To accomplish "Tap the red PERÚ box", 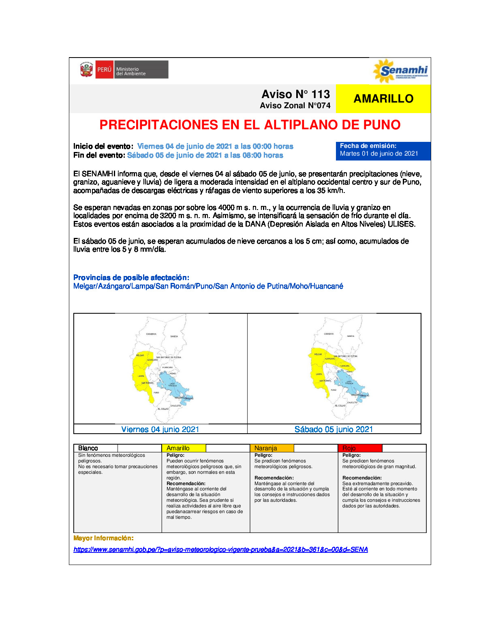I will click(x=104, y=70).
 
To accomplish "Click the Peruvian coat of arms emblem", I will click(x=86, y=70).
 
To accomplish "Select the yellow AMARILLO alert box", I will click(x=383, y=98).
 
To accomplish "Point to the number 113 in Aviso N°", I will click(x=321, y=94).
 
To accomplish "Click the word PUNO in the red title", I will click(x=382, y=125).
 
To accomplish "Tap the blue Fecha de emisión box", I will click(x=383, y=150).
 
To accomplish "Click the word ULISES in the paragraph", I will click(x=401, y=224).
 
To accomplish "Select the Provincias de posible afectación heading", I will click(x=131, y=278).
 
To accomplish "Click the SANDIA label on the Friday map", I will click(x=174, y=336).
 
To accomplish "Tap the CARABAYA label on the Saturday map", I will click(x=329, y=334).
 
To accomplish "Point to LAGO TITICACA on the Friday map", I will click(x=172, y=383).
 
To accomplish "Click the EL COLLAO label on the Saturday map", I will click(x=340, y=406).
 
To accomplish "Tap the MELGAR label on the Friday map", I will click(x=140, y=355).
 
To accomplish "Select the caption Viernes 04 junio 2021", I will click(x=160, y=429).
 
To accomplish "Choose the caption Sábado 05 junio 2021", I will click(x=334, y=429).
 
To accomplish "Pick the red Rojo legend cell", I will click(x=360, y=448).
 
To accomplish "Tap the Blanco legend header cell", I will click(x=96, y=448).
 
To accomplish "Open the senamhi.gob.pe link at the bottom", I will click(x=220, y=550).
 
